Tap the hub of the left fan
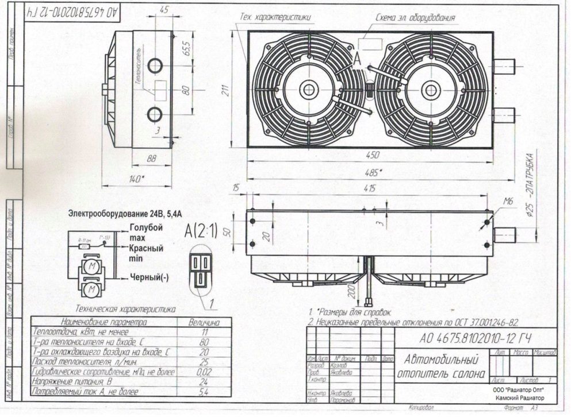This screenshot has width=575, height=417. [x=309, y=90]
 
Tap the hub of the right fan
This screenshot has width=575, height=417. [x=430, y=90]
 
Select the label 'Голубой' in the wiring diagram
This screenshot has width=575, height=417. [x=147, y=227]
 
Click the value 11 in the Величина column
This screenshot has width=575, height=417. [x=204, y=332]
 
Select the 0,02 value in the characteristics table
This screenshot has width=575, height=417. [x=204, y=371]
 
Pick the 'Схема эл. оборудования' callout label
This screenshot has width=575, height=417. [x=415, y=18]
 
